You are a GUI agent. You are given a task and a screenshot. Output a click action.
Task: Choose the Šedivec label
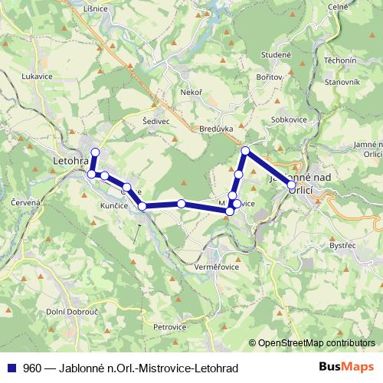(x=156, y=120)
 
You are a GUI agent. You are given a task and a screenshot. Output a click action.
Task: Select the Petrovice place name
(x=169, y=327)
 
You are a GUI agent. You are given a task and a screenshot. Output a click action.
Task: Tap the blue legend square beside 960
(x=11, y=368)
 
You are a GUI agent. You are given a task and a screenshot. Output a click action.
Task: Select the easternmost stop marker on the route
(x=291, y=185)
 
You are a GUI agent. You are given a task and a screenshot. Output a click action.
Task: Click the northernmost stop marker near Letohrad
(x=95, y=152)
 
